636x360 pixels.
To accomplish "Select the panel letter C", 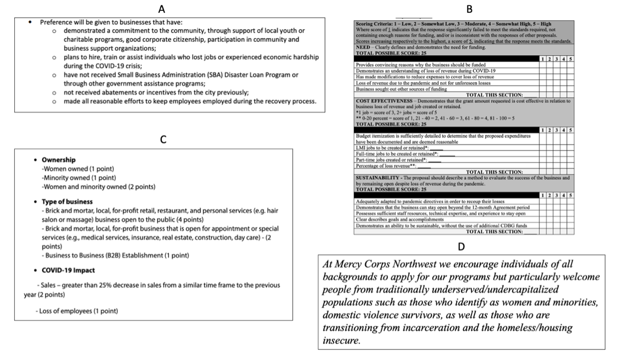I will coord(163,140).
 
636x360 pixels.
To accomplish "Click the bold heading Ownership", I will coord(59,160).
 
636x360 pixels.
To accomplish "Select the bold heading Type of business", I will coord(67,202).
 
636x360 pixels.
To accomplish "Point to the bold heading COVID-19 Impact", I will coord(68,270).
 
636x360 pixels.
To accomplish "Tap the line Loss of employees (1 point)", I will coord(76,311).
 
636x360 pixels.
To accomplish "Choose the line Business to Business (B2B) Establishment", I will coord(116,255).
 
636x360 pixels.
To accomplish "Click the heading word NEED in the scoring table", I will coord(363,47).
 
